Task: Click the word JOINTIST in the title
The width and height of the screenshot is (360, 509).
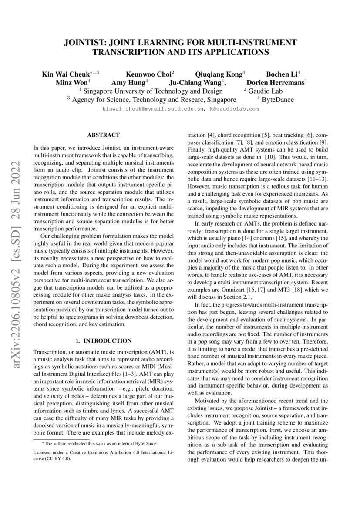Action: [85, 43]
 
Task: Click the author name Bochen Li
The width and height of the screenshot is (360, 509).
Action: [281, 74]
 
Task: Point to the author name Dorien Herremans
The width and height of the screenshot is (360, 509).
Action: [276, 82]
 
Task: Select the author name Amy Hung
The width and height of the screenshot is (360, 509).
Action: [129, 82]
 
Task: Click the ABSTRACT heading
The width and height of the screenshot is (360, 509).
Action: [103, 136]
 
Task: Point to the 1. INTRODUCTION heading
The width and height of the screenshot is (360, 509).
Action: [103, 340]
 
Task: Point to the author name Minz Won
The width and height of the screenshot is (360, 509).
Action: [71, 82]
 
